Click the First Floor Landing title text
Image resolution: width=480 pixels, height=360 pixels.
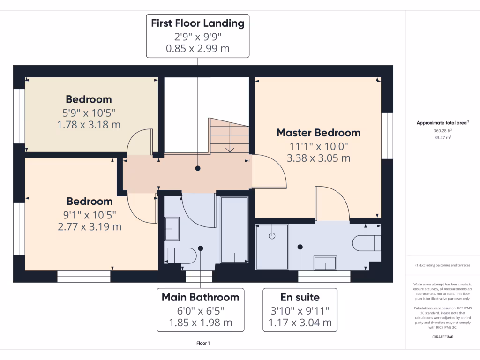pyautogui.click(x=197, y=22)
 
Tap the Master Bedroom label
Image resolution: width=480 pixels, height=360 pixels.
pyautogui.click(x=318, y=133)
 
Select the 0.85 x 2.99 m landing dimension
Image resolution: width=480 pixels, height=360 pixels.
pyautogui.click(x=197, y=48)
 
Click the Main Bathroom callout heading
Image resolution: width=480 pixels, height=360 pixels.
pyautogui.click(x=200, y=297)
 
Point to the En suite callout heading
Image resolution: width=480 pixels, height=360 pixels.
pyautogui.click(x=300, y=297)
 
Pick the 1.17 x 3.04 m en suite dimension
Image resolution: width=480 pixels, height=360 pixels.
pyautogui.click(x=300, y=322)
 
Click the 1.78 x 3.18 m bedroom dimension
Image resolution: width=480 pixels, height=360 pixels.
pyautogui.click(x=89, y=125)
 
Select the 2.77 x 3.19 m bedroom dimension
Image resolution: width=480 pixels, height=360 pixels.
pyautogui.click(x=90, y=227)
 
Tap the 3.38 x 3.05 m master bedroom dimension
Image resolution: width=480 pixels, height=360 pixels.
pyautogui.click(x=318, y=158)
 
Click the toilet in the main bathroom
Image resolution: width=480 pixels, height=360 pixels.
pyautogui.click(x=182, y=255)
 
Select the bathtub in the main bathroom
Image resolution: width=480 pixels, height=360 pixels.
pyautogui.click(x=233, y=229)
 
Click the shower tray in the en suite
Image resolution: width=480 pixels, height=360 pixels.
pyautogui.click(x=272, y=247)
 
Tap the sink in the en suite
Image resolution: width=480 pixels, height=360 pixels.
pyautogui.click(x=325, y=263)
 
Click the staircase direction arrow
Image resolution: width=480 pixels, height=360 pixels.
pyautogui.click(x=230, y=150)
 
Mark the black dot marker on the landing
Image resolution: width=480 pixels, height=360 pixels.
pyautogui.click(x=198, y=168)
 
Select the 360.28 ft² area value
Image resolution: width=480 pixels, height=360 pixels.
pyautogui.click(x=442, y=131)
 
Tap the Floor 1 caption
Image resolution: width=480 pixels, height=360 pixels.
pyautogui.click(x=203, y=344)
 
